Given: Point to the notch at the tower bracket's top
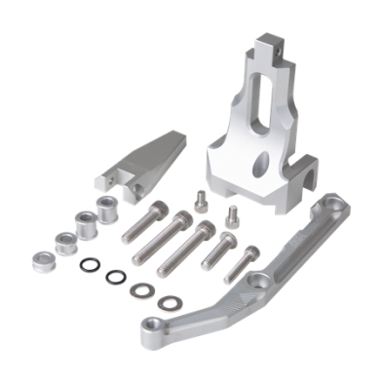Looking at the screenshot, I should (274, 45).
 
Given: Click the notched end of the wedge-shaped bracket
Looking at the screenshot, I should (106, 181).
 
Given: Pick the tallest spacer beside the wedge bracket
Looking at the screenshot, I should (104, 207).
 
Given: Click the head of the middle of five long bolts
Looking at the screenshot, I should (207, 227).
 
